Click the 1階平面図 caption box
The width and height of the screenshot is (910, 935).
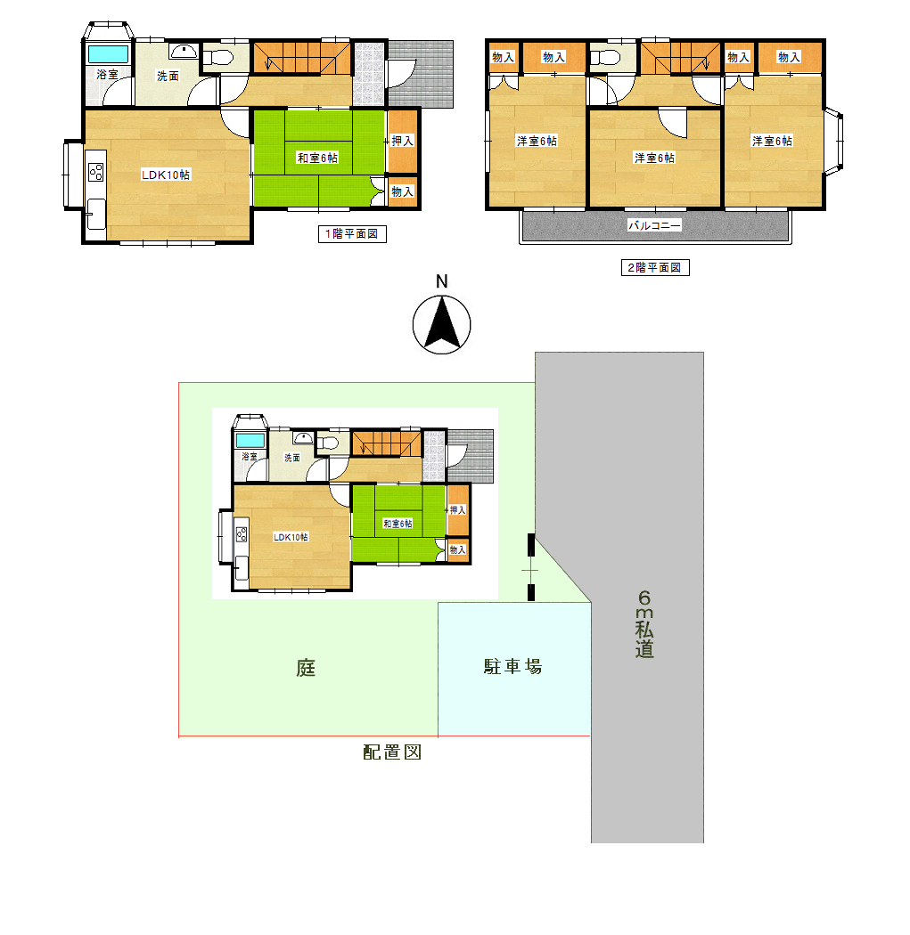(352, 233)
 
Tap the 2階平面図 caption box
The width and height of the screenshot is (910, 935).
(654, 267)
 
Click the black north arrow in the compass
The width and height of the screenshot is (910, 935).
(441, 324)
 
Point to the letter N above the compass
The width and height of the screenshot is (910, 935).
(441, 281)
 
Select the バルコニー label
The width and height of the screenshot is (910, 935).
(654, 225)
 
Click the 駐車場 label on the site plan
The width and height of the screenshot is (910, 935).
(512, 666)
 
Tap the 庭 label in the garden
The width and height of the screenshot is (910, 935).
(306, 667)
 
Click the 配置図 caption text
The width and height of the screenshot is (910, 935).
(392, 752)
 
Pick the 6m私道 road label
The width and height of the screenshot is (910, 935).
(644, 623)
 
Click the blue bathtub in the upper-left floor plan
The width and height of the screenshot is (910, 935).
(109, 53)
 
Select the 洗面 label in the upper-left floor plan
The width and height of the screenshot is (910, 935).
(168, 76)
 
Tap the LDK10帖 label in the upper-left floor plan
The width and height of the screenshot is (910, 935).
(165, 175)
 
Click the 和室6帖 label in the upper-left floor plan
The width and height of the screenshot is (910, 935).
(317, 158)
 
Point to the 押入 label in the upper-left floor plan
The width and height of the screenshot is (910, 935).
(402, 141)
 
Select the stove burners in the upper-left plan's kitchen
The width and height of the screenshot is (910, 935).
(96, 173)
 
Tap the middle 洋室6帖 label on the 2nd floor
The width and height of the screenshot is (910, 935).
(654, 158)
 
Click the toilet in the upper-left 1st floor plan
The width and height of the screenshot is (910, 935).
(217, 58)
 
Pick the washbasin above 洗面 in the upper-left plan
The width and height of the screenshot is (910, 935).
(184, 52)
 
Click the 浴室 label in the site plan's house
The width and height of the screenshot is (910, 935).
(250, 456)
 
